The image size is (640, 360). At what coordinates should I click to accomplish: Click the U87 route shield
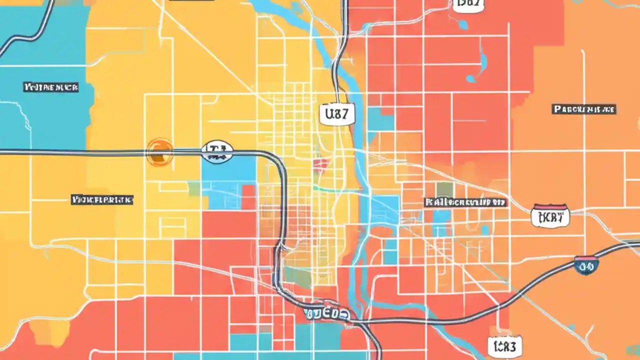click(x=336, y=114)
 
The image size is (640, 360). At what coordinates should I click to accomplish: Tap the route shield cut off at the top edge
click(x=468, y=4)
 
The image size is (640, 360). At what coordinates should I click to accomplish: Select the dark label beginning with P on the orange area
click(x=584, y=109)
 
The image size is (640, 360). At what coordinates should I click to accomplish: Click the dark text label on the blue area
click(x=51, y=87)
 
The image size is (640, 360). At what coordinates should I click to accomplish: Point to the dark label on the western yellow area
click(x=102, y=200)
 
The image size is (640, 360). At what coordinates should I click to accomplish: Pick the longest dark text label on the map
click(x=465, y=202)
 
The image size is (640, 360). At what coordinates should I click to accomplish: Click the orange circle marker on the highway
click(x=160, y=152)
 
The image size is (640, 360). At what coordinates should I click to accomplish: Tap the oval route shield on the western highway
click(x=217, y=151)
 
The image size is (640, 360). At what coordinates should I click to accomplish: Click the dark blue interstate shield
click(x=586, y=265)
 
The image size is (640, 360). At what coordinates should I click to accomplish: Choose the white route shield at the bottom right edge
click(x=505, y=345)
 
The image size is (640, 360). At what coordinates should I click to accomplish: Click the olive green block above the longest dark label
click(x=444, y=189)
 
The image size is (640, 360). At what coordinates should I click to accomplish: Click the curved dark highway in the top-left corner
click(x=30, y=30)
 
